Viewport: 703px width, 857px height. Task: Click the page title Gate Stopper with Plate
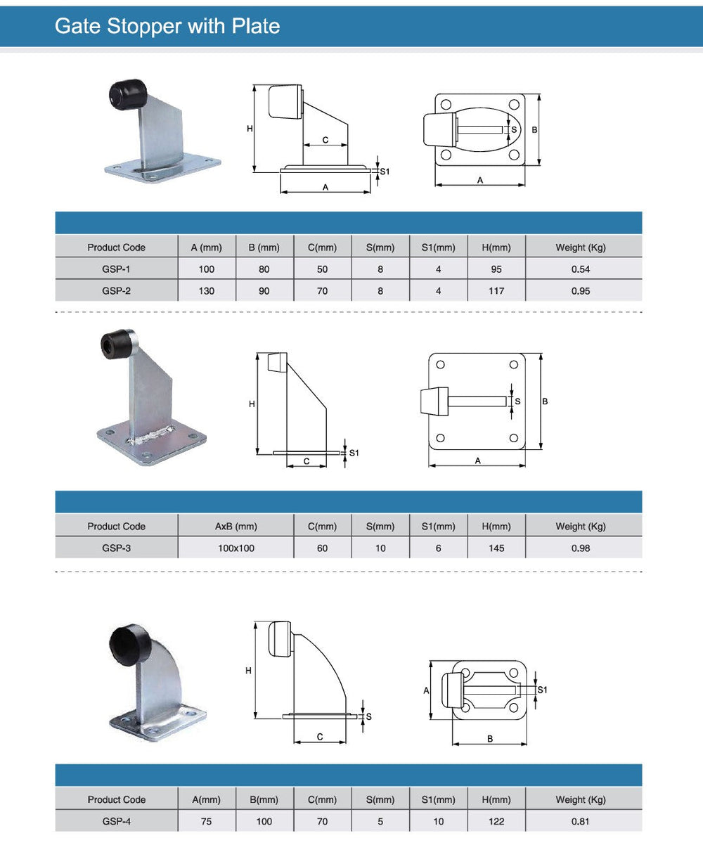coord(167,27)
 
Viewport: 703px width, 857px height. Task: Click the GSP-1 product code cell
coord(116,269)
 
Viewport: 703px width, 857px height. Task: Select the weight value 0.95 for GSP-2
coord(581,291)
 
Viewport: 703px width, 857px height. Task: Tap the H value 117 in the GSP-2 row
coord(496,291)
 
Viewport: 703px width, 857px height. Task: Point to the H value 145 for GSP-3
coord(496,548)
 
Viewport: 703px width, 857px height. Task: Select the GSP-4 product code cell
coord(116,821)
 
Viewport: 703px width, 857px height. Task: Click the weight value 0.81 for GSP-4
coord(581,821)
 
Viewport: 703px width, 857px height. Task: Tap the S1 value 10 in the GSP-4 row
coord(439,821)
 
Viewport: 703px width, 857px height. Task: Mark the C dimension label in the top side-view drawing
coord(325,140)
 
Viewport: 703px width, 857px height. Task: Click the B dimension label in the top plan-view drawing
coord(534,130)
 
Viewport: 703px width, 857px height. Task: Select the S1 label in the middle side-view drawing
coord(354,453)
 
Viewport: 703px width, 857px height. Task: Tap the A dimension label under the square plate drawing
coord(478,460)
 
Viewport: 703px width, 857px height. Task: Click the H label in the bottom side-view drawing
coord(248,671)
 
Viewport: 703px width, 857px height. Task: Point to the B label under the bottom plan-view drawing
coord(490,738)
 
